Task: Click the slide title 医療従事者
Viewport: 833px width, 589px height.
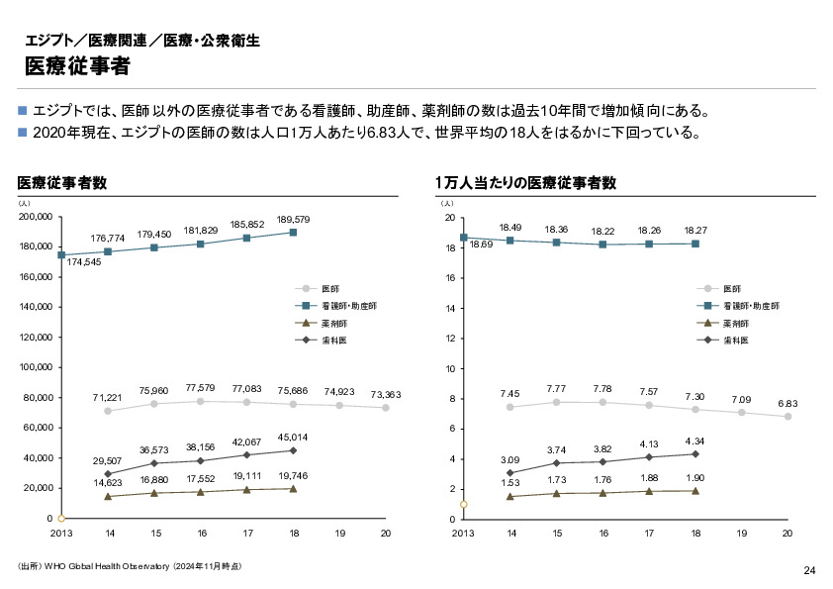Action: pos(76,67)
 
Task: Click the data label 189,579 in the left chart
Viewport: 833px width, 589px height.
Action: pos(294,220)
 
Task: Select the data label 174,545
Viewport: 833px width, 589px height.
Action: pos(84,262)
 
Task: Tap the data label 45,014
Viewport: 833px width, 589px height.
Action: pos(294,437)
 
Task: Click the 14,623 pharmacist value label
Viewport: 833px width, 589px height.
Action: pos(108,482)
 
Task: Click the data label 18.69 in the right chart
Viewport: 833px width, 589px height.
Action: pos(482,245)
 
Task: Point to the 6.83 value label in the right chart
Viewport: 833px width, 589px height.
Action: pos(787,404)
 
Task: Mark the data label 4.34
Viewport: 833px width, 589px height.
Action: pos(695,441)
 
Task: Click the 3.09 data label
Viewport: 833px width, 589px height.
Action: pos(509,460)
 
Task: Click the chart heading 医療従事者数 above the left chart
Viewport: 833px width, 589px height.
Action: pos(62,183)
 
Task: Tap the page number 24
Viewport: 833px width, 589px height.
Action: pos(808,570)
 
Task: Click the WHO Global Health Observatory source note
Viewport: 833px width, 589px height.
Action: pos(129,567)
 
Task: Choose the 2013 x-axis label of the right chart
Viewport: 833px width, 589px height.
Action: pos(463,534)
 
